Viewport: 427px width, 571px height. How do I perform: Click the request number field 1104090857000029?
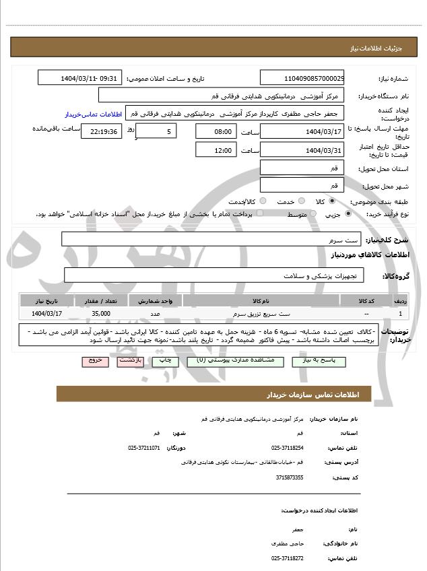[302, 78]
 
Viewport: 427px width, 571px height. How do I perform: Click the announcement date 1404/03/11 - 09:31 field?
[79, 78]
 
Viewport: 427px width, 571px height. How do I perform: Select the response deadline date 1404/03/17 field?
[302, 131]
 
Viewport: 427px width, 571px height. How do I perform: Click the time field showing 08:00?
[216, 131]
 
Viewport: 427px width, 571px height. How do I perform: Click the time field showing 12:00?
[216, 149]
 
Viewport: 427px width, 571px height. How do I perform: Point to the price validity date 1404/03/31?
[302, 149]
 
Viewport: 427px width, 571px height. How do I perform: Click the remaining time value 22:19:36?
[101, 131]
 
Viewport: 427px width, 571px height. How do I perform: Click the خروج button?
[95, 362]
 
